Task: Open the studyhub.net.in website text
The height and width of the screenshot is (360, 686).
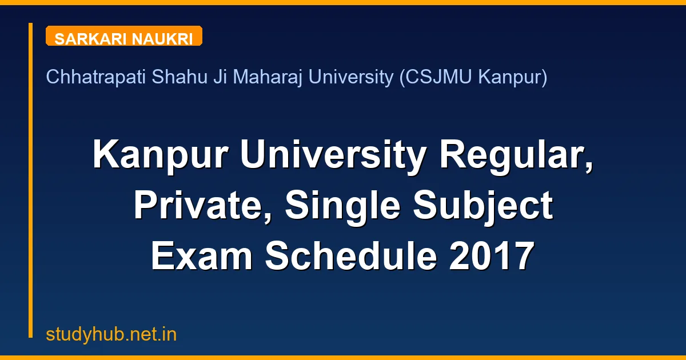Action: (111, 334)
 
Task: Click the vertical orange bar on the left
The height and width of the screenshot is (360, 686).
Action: (31, 180)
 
